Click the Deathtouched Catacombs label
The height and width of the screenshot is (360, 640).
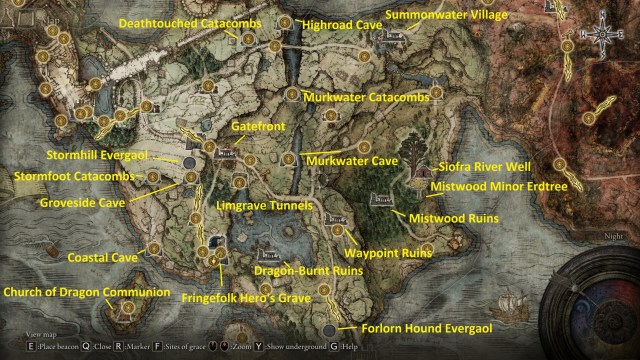(x=189, y=22)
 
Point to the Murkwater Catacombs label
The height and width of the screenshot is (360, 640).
(x=366, y=97)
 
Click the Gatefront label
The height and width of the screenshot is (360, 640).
(x=252, y=129)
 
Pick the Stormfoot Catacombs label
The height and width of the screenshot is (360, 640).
(x=77, y=177)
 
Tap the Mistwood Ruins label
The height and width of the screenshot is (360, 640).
(x=450, y=215)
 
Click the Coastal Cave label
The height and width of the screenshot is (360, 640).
(x=103, y=257)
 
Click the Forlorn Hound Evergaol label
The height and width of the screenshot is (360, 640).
(x=416, y=328)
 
